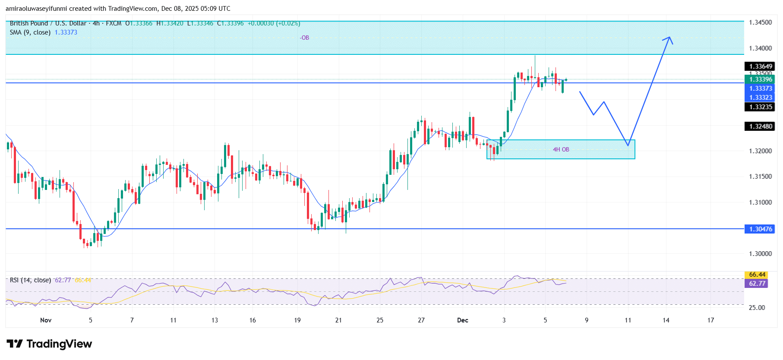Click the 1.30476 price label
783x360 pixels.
click(x=760, y=229)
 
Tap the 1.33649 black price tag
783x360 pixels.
click(x=760, y=66)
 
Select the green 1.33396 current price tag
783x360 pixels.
click(x=760, y=79)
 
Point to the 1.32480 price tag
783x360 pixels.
click(x=760, y=126)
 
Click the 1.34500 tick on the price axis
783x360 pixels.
click(x=760, y=22)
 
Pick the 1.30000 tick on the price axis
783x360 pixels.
click(x=760, y=254)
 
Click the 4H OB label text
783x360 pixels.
click(x=561, y=150)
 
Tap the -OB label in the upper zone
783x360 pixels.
click(x=304, y=38)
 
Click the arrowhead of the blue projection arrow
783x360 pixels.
click(x=669, y=38)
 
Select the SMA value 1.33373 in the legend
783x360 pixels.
click(x=66, y=32)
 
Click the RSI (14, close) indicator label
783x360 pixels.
click(x=30, y=280)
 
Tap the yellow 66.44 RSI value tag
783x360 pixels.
click(x=757, y=275)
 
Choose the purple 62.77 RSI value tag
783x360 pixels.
click(x=757, y=284)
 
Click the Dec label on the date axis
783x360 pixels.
click(x=462, y=320)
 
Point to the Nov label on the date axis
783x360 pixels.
click(x=46, y=320)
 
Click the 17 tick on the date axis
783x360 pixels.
click(x=710, y=320)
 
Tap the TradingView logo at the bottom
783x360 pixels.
click(x=49, y=344)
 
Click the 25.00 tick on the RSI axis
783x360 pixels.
click(x=757, y=308)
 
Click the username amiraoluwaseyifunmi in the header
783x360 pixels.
click(x=36, y=9)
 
